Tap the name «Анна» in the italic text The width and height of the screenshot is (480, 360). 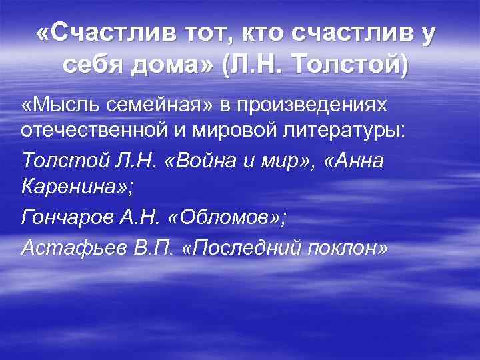(x=354, y=161)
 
